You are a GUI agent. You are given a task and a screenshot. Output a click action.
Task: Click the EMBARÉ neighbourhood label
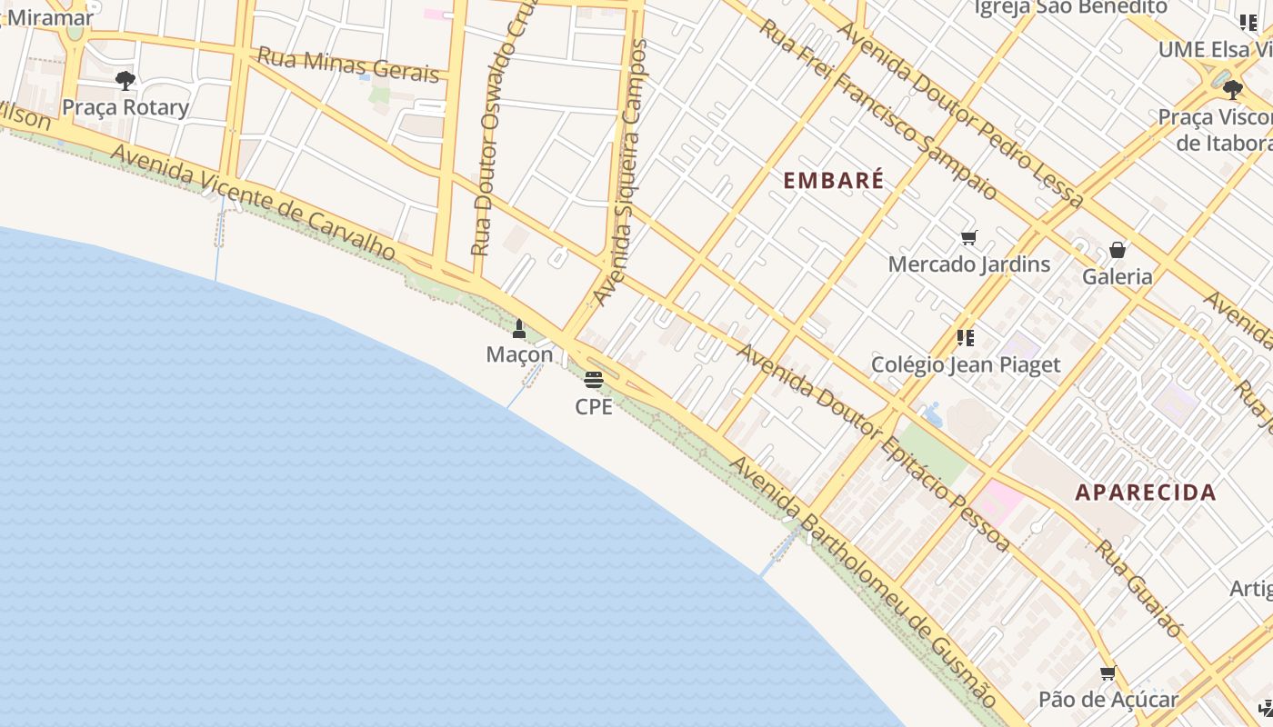[833, 180]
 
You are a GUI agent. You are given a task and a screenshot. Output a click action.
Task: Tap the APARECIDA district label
[1145, 493]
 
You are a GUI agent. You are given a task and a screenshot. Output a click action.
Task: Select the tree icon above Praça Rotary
[125, 81]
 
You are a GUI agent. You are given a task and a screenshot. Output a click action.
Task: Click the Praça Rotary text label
[125, 107]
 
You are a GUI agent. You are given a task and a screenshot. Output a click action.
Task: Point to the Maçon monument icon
[519, 329]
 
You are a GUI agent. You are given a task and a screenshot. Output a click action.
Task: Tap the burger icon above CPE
[594, 380]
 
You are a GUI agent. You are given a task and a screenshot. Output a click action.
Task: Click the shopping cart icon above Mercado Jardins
[968, 238]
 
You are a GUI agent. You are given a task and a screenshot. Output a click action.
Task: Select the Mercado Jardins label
[968, 264]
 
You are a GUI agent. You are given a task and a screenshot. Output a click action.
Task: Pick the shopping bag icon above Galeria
[1118, 250]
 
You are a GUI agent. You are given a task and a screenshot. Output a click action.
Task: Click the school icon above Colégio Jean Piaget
[966, 338]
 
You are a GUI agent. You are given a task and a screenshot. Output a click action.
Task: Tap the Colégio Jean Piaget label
[966, 364]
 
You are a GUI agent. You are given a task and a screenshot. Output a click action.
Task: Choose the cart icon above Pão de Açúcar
[1108, 673]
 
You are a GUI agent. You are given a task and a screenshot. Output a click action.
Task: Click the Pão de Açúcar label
[1108, 700]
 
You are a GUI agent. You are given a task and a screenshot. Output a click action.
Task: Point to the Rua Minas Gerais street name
[348, 65]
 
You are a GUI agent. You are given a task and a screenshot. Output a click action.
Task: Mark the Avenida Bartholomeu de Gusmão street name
[864, 583]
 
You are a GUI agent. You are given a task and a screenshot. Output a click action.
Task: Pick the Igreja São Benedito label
[1070, 7]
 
